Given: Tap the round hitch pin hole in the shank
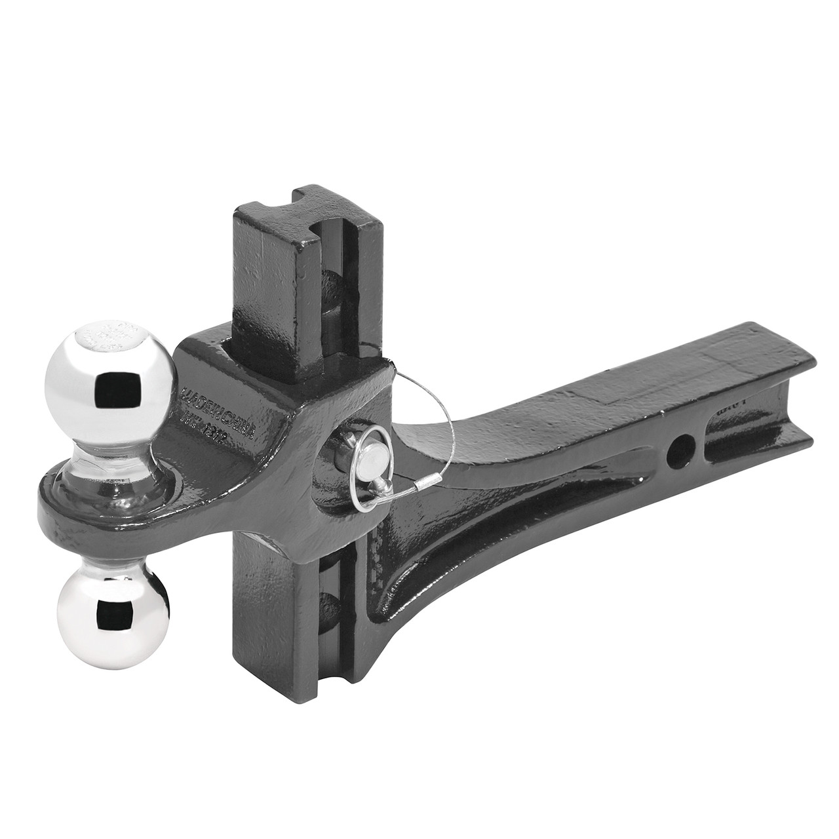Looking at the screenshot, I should point(678,452).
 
